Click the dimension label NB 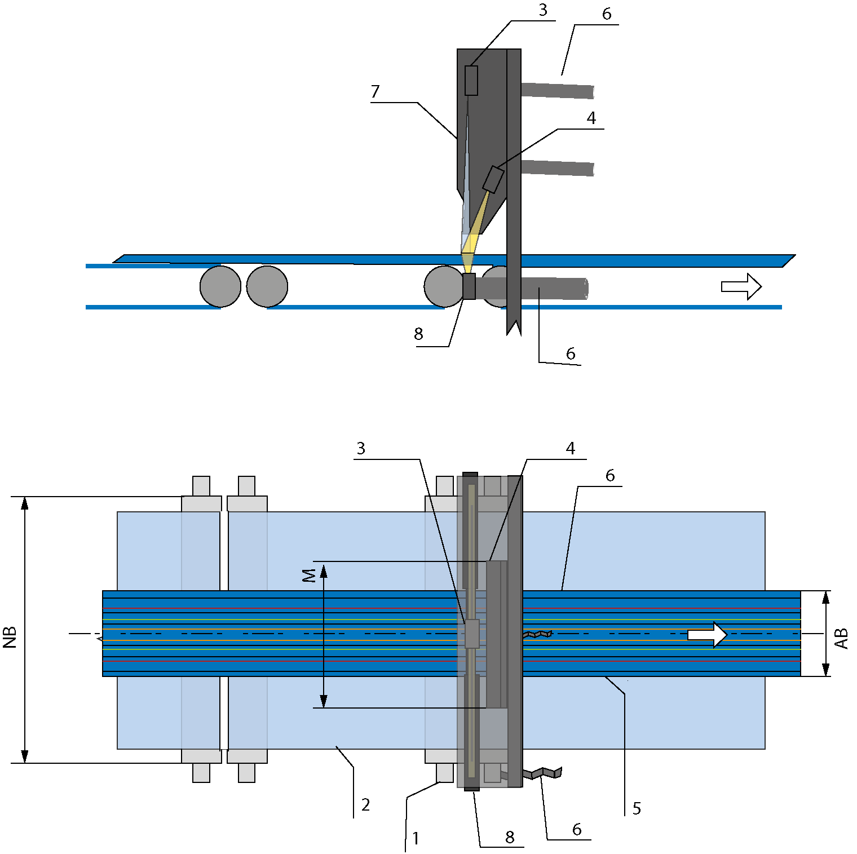(10, 637)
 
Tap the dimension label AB (841, 639)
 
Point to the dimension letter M (309, 576)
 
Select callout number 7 (376, 91)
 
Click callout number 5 (637, 808)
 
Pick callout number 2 (365, 804)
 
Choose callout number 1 (416, 838)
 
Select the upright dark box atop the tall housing (471, 81)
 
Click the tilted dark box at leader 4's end (493, 179)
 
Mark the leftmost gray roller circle (220, 286)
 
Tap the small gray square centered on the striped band (472, 634)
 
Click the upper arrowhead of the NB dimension (25, 503)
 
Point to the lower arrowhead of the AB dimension (826, 669)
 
